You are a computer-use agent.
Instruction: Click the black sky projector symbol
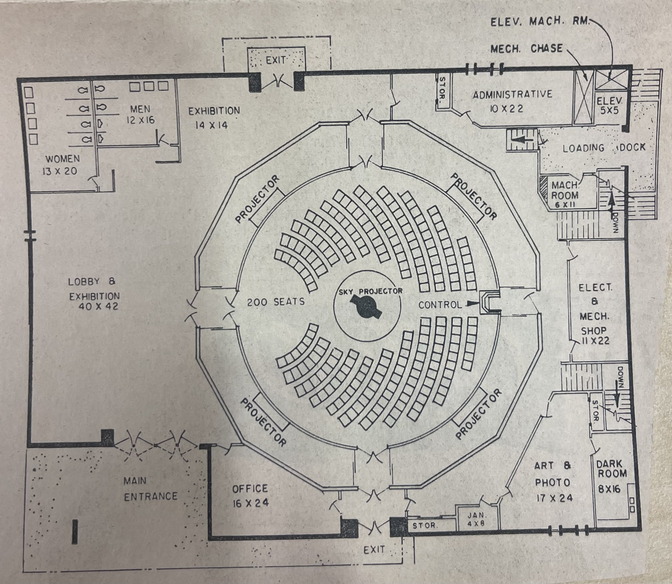click(365, 307)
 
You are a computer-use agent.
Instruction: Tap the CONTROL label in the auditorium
click(440, 305)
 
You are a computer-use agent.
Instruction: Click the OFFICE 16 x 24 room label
click(250, 496)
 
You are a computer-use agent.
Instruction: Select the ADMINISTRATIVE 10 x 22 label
click(512, 101)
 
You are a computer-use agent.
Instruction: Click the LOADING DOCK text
click(604, 148)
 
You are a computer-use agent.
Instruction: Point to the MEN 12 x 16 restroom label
click(140, 114)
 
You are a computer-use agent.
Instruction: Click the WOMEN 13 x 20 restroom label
click(62, 165)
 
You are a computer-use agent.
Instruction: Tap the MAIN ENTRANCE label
click(150, 488)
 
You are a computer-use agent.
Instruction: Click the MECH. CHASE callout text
click(526, 48)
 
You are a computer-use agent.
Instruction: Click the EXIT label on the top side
click(276, 60)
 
